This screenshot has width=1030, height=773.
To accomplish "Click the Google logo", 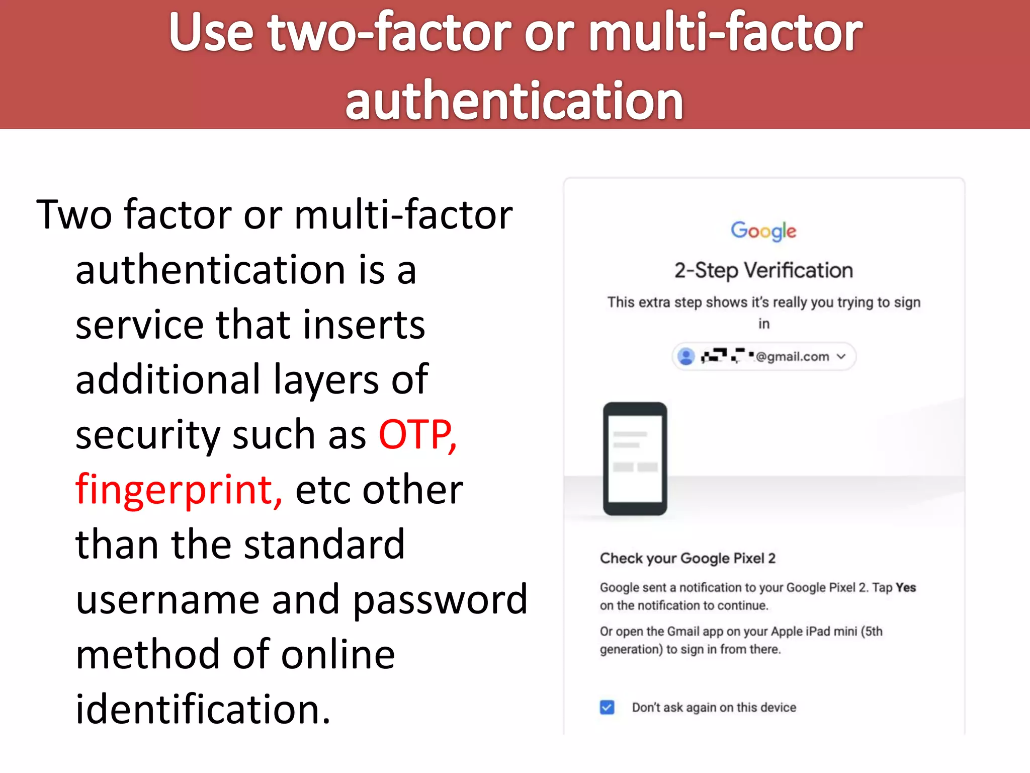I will [763, 231].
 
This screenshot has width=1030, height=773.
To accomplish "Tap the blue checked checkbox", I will [607, 707].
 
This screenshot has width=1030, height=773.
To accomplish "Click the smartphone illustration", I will [635, 458].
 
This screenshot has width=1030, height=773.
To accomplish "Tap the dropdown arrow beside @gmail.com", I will [841, 357].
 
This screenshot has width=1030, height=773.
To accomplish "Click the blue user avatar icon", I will [685, 356].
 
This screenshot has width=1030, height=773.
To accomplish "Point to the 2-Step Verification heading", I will [763, 271].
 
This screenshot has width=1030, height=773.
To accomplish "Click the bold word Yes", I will [906, 587].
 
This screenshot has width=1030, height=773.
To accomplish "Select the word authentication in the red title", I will [514, 101].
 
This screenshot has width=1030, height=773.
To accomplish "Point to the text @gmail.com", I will [792, 357].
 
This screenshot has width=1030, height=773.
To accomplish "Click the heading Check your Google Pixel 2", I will [688, 558].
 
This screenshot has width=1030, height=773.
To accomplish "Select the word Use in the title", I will [211, 33].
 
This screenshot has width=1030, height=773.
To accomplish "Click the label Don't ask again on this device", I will [714, 708].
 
